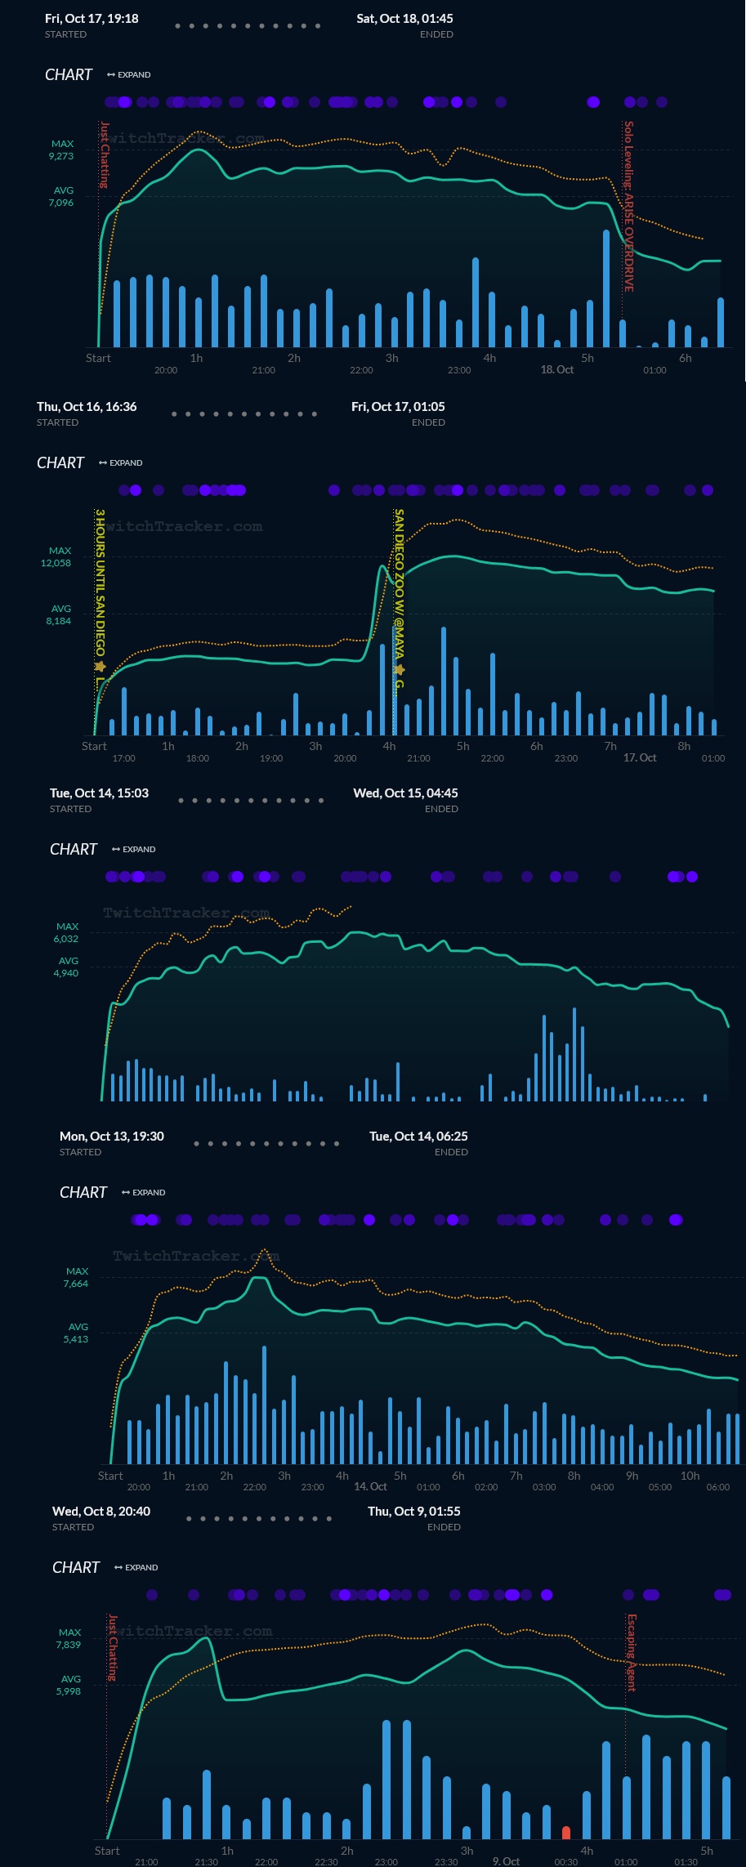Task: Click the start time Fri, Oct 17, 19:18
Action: (92, 19)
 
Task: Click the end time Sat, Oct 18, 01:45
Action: (404, 19)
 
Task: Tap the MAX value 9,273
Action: (61, 156)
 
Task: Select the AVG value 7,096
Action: (61, 203)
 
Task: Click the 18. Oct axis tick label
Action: (556, 370)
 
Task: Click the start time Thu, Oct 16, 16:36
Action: (87, 407)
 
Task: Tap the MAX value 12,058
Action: (56, 563)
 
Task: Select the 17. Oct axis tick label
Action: (640, 758)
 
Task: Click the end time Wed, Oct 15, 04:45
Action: (405, 793)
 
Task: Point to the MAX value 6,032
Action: (66, 939)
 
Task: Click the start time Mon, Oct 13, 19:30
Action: (112, 1137)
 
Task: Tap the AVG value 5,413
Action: (76, 1339)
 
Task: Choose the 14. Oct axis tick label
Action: (370, 1486)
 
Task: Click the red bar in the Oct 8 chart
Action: (566, 1832)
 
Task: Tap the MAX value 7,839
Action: (69, 1645)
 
